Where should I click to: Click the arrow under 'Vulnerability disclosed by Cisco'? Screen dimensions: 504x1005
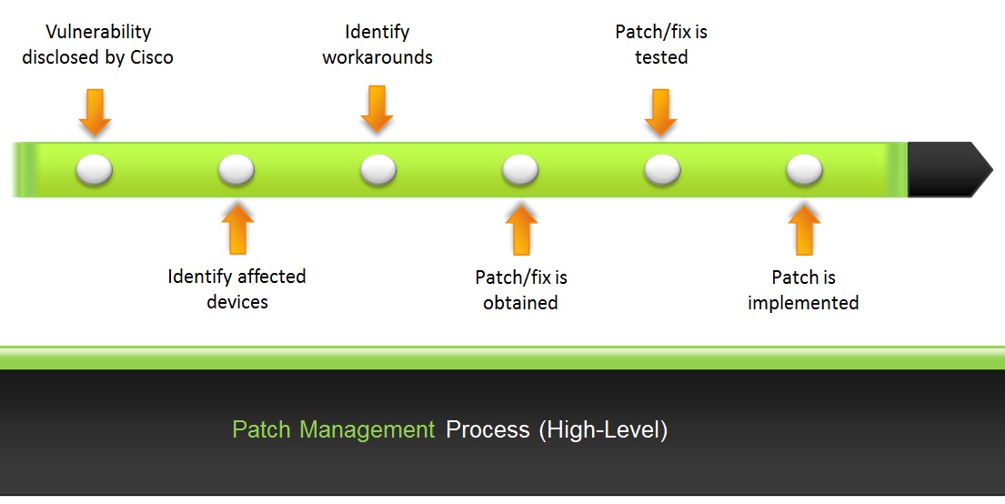95,111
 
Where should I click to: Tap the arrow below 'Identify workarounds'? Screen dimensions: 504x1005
377,108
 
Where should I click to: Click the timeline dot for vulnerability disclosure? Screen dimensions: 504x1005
95,169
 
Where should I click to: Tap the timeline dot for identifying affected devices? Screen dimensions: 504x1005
236,169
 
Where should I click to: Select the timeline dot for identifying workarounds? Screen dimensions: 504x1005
378,169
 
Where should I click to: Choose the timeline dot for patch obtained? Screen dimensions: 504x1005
520,169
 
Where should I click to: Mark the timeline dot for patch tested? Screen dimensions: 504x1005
662,169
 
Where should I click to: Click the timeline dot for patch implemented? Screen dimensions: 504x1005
804,169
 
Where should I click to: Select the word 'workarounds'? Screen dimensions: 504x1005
377,57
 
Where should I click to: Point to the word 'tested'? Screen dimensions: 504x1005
661,57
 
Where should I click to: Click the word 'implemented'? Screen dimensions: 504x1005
803,303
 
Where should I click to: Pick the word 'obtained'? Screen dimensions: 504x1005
520,303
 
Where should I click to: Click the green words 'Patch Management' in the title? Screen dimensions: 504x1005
334,429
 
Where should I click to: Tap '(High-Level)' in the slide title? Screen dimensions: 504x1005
603,429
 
